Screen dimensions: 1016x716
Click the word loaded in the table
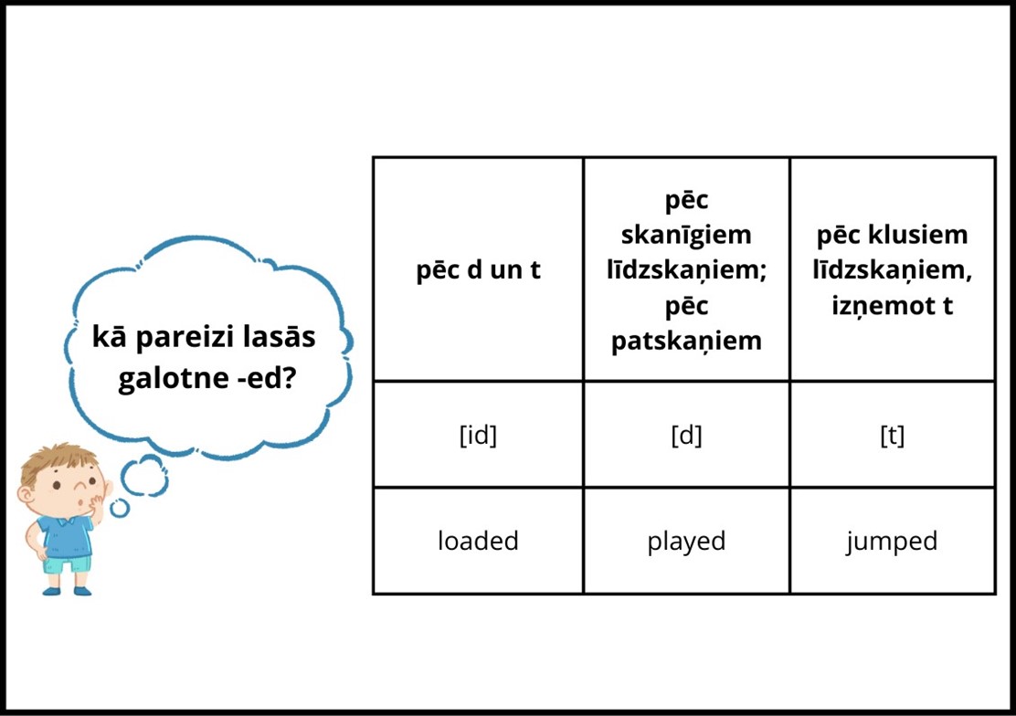478,541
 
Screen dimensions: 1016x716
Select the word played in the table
686,542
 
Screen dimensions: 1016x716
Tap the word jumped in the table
892,542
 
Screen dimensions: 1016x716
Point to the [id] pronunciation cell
478,435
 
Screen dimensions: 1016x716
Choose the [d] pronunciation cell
686,435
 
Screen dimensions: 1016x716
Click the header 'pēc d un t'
478,269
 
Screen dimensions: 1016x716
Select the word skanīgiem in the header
686,235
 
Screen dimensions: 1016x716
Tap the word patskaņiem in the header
686,341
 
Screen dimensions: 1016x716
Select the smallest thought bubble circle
119,508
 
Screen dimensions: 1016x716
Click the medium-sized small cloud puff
144,475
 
